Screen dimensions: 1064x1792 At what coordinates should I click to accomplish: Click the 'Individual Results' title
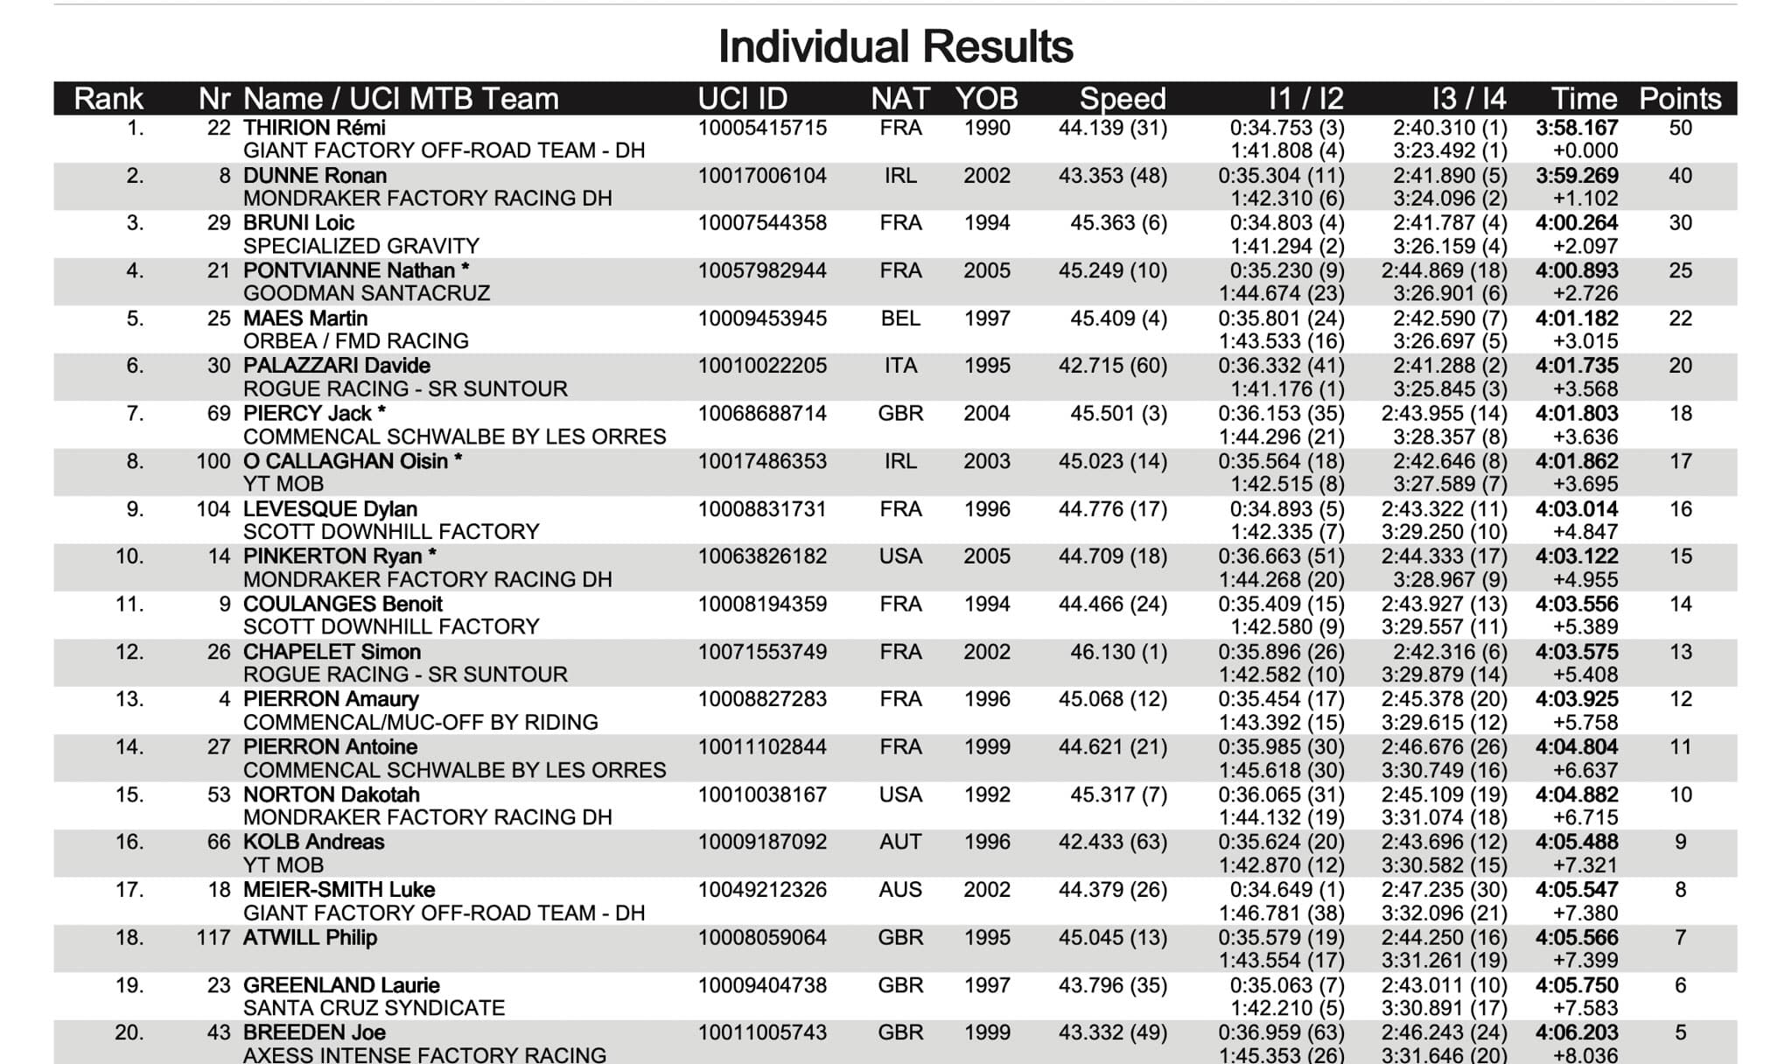pyautogui.click(x=895, y=47)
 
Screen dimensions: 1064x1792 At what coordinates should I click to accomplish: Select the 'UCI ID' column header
pyautogui.click(x=743, y=99)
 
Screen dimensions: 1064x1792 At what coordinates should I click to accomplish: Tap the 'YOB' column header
pyautogui.click(x=986, y=99)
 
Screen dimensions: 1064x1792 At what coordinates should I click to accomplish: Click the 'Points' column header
pyautogui.click(x=1680, y=99)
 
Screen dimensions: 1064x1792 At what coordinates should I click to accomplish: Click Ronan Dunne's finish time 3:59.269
pyautogui.click(x=1577, y=176)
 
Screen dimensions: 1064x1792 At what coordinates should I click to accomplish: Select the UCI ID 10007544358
pyautogui.click(x=762, y=223)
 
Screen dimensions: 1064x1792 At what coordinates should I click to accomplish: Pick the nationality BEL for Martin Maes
pyautogui.click(x=900, y=318)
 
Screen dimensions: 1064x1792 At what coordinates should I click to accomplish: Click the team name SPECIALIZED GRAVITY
pyautogui.click(x=360, y=247)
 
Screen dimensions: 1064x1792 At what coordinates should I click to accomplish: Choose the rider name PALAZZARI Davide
pyautogui.click(x=337, y=366)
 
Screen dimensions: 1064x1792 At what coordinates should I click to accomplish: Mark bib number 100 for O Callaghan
pyautogui.click(x=213, y=461)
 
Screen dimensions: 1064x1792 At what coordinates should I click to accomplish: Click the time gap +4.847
pyautogui.click(x=1585, y=532)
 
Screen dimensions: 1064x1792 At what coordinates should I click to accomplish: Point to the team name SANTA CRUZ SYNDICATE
pyautogui.click(x=374, y=1008)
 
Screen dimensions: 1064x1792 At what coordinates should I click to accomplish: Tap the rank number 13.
pyautogui.click(x=129, y=699)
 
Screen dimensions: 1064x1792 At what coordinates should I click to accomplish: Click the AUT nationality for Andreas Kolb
pyautogui.click(x=900, y=842)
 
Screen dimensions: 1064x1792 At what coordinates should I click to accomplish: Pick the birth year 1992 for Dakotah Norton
pyautogui.click(x=987, y=794)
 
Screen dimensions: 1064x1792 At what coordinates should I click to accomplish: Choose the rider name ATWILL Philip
pyautogui.click(x=310, y=938)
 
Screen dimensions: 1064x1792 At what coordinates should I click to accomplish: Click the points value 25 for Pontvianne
pyautogui.click(x=1680, y=271)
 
